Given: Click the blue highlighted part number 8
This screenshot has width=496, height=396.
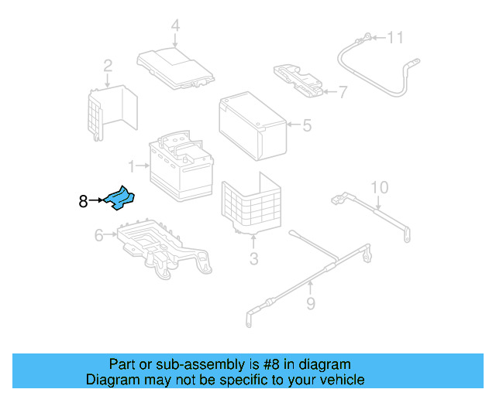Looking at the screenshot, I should tap(119, 199).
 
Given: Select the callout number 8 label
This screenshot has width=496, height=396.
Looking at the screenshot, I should tap(83, 202).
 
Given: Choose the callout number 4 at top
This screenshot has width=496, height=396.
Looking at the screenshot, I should tap(175, 26).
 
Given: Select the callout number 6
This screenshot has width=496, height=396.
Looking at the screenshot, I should tap(99, 235).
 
